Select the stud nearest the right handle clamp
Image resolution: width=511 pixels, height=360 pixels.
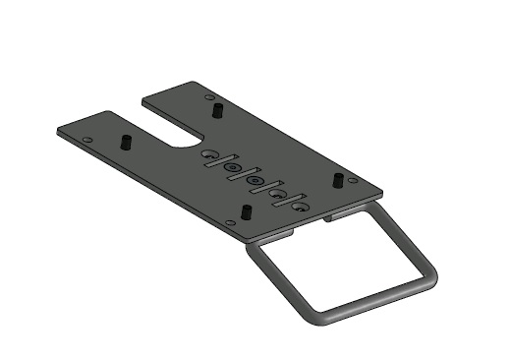(337, 180)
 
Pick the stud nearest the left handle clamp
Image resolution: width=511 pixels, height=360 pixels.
(243, 213)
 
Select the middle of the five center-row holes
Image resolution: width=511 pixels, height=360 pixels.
(254, 182)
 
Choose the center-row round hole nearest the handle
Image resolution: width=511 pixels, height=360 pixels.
(300, 209)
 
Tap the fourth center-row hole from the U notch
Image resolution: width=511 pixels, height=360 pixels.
(277, 195)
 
